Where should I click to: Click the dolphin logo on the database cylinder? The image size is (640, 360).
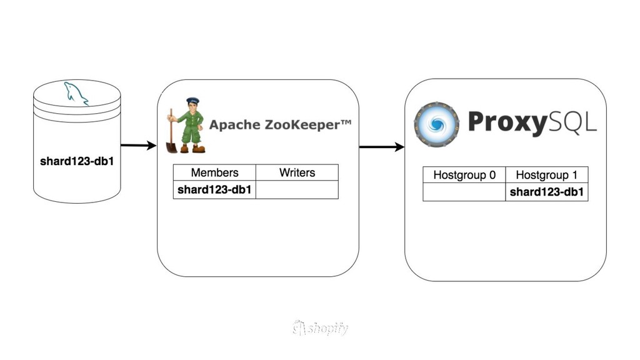coord(76,94)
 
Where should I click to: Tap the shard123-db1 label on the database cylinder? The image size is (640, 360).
coord(76,161)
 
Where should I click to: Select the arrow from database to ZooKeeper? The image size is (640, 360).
coord(137,146)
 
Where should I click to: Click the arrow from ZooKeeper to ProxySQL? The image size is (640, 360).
coord(381,147)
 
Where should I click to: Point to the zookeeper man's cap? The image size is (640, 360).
coord(192,100)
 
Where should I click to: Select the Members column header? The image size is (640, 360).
coord(214,172)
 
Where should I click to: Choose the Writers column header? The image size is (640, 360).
coord(297,172)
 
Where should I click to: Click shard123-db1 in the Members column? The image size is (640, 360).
coord(214,190)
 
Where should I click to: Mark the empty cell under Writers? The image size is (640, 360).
coord(297,190)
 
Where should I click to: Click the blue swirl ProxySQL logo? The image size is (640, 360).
coord(436,124)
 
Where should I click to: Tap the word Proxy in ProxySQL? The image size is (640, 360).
coord(507,122)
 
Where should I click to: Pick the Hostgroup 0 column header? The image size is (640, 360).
coord(464,175)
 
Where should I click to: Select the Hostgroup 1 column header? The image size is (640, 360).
coord(547,175)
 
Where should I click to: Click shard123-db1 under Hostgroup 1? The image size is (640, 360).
coord(547,192)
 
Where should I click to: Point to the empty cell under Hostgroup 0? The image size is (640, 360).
coord(464,192)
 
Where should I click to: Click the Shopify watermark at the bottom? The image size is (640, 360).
coord(320,328)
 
